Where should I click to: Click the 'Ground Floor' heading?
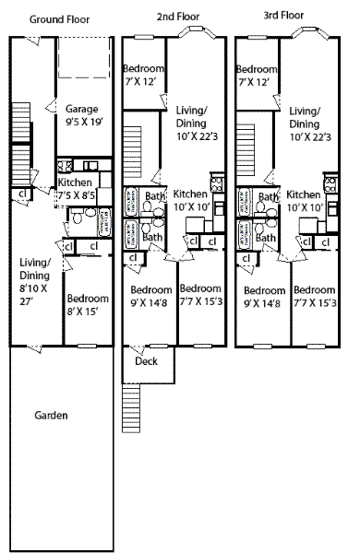pyautogui.click(x=59, y=19)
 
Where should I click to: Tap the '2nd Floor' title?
pyautogui.click(x=178, y=17)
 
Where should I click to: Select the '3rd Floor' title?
pyautogui.click(x=283, y=15)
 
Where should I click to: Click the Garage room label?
pyautogui.click(x=81, y=110)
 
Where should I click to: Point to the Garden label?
pyautogui.click(x=51, y=415)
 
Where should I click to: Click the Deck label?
pyautogui.click(x=146, y=361)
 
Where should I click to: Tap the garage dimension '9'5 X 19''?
pyautogui.click(x=84, y=122)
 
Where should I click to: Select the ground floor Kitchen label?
pyautogui.click(x=75, y=182)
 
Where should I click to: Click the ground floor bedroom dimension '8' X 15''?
pyautogui.click(x=83, y=312)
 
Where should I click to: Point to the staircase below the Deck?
pyautogui.click(x=131, y=407)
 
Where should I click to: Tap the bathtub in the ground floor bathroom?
pyautogui.click(x=105, y=222)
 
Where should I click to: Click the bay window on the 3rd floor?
pyautogui.click(x=310, y=32)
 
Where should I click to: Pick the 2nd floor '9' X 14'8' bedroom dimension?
pyautogui.click(x=149, y=303)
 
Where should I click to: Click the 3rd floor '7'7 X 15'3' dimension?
pyautogui.click(x=315, y=303)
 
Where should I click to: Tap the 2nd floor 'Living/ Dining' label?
pyautogui.click(x=191, y=117)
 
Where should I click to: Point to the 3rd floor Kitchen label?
pyautogui.click(x=303, y=194)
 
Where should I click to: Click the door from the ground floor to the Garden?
pyautogui.click(x=35, y=347)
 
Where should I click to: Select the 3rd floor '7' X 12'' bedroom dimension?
pyautogui.click(x=255, y=83)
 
